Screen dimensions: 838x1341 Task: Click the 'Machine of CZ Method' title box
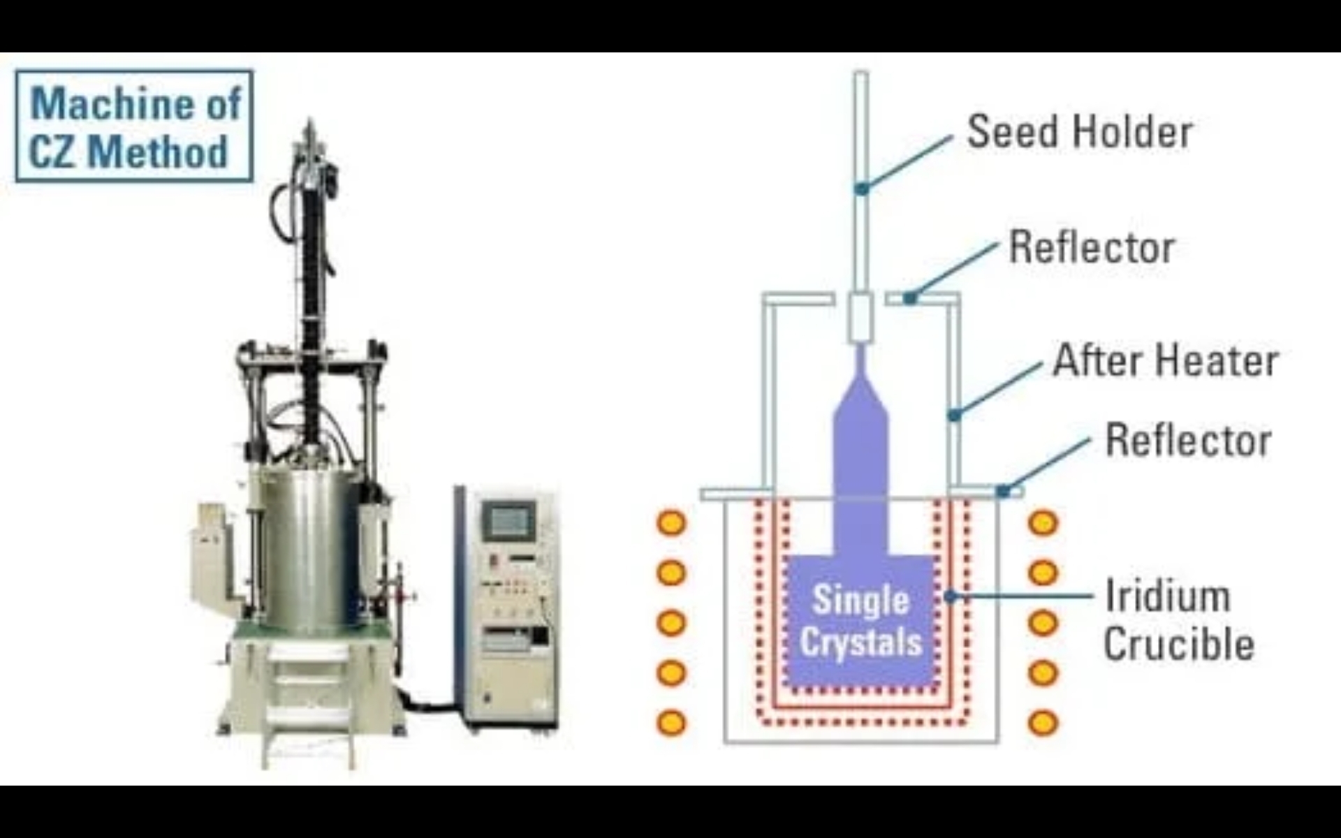[x=134, y=126]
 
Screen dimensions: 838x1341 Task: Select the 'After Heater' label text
[x=1165, y=360]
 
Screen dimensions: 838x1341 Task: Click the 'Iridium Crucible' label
[x=1178, y=620]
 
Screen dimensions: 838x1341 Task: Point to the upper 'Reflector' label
[x=1092, y=247]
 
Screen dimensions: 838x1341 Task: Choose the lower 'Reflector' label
[x=1187, y=441]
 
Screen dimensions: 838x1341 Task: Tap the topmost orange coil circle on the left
[x=671, y=522]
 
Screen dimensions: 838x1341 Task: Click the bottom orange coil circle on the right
[x=1043, y=723]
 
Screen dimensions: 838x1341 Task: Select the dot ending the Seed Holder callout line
[x=862, y=189]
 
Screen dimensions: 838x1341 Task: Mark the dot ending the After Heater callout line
[x=954, y=416]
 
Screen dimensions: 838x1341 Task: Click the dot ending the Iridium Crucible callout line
[x=949, y=596]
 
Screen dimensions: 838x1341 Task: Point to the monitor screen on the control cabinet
[x=509, y=520]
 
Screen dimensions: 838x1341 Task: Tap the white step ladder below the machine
[x=308, y=705]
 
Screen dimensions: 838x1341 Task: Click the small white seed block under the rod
[x=860, y=318]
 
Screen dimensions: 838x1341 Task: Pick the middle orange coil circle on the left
[x=671, y=622]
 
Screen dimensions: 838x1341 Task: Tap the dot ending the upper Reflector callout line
[x=909, y=298]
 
